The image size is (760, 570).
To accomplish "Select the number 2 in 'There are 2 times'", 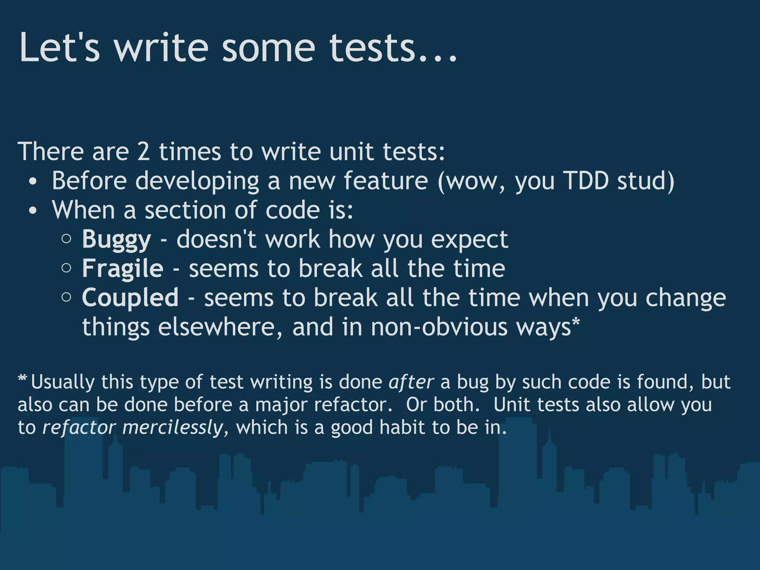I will point(144,152).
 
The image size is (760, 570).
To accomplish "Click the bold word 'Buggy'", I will point(117,240).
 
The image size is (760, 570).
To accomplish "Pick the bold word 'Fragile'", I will point(122,269).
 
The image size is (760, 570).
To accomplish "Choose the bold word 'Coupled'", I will point(130,298).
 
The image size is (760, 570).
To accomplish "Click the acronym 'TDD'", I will point(586,181).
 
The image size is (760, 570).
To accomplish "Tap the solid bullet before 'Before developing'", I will point(33,182).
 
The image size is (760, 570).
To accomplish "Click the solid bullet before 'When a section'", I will point(33,211).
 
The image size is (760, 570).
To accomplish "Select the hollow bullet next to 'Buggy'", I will point(66,239).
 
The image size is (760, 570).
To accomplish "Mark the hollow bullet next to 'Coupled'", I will point(66,297).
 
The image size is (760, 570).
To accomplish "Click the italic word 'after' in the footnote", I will point(411,382).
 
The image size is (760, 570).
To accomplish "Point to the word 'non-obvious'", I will point(439,327).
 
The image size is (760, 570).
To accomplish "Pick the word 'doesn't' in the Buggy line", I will point(216,240).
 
